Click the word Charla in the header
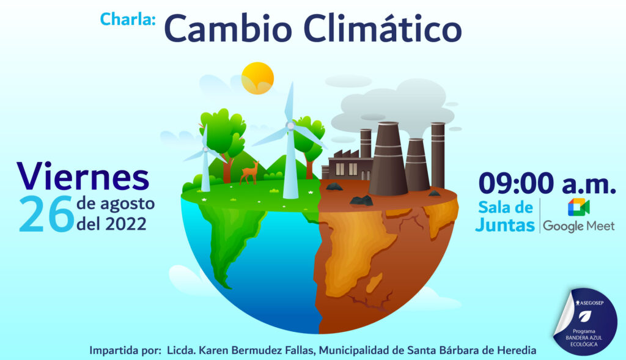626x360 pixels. point(127,19)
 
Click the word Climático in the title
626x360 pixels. point(382,29)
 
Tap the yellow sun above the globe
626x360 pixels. point(257,78)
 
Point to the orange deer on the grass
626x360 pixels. point(250,172)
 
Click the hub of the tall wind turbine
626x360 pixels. point(290,126)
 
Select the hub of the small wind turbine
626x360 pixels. point(205,149)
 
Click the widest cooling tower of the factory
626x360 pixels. point(388,158)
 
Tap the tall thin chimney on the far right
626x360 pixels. point(438,156)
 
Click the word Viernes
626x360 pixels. point(83,176)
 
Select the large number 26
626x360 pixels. point(46,214)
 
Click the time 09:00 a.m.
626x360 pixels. point(547,183)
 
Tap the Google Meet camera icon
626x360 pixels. point(578,207)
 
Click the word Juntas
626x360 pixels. point(505,225)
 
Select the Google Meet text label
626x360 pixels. point(578,226)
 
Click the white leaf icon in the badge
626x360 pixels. point(585,317)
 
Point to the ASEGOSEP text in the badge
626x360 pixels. point(589,303)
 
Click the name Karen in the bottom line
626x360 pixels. point(214,350)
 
